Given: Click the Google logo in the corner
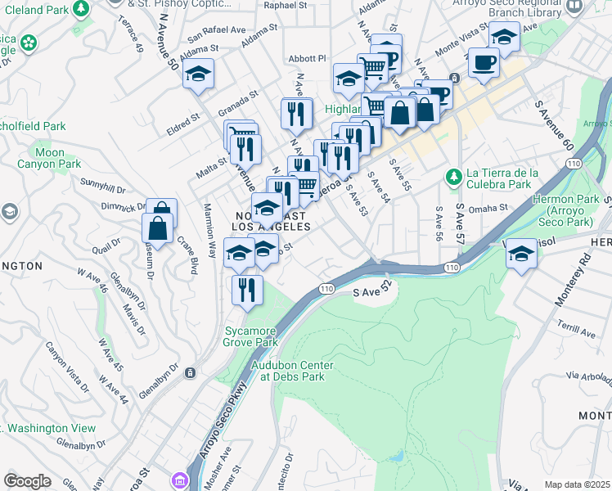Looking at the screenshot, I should [x=27, y=481].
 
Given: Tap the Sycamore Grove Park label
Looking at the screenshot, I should [x=250, y=336].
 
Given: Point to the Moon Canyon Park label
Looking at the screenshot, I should [x=50, y=158].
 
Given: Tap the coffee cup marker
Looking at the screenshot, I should [x=484, y=62].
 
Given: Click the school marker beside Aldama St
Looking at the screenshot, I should [x=197, y=74].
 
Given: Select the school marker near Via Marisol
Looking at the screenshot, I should [x=521, y=254].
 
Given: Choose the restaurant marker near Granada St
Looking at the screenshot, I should [x=295, y=113].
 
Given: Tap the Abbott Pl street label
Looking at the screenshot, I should [x=307, y=58].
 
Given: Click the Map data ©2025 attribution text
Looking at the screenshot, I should [x=577, y=484].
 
